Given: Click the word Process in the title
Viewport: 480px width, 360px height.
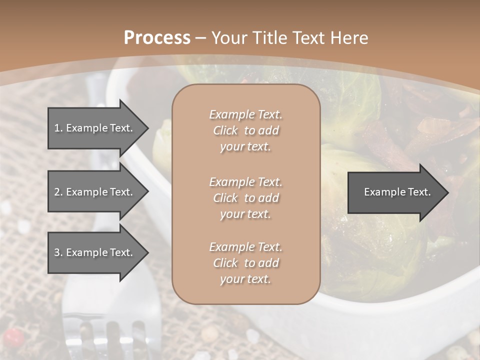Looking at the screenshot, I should point(157,38).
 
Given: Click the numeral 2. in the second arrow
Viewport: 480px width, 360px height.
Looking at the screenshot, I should point(58,192).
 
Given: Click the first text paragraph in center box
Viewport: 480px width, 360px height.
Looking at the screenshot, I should point(245,130).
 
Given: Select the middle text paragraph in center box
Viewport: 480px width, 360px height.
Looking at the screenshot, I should point(245,198).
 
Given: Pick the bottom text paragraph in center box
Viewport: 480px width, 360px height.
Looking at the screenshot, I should point(245,263).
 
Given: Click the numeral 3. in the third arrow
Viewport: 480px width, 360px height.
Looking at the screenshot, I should point(58,252).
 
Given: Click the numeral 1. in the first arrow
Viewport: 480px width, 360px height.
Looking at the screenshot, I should point(58,128).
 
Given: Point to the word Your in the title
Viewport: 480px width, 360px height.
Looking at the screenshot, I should point(228,38).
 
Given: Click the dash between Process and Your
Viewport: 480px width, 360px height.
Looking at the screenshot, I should point(200,38).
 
